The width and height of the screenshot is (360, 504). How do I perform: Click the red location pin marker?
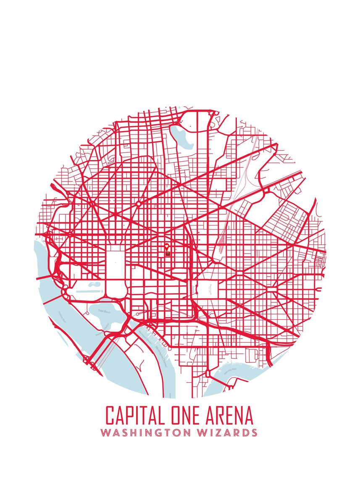(x=167, y=247)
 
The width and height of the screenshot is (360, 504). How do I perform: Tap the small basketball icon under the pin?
(x=167, y=254)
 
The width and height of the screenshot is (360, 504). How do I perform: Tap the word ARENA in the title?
(x=231, y=415)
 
